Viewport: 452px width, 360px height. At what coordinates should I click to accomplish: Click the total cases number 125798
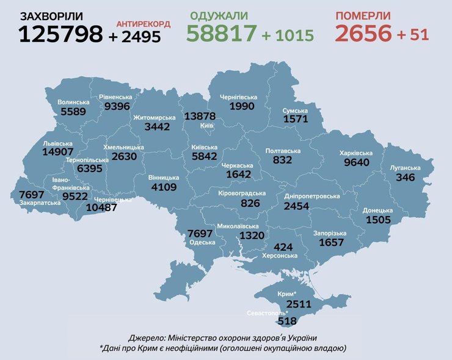tap(60, 35)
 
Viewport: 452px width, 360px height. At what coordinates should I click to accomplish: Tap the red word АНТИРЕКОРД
tap(143, 24)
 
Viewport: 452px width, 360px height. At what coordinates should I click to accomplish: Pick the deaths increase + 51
tap(411, 35)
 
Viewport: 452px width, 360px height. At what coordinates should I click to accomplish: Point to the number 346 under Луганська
tap(405, 178)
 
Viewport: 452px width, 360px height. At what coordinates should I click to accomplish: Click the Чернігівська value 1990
tap(242, 107)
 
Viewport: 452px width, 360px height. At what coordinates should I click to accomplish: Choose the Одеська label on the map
tap(203, 242)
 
